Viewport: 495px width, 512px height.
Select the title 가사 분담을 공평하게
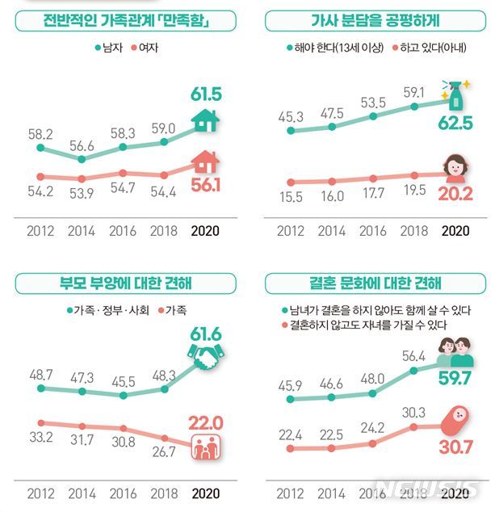(x=371, y=20)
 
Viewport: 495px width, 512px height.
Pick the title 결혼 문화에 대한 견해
(x=371, y=283)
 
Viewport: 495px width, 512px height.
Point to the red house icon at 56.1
(x=205, y=162)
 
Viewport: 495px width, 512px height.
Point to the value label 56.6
(x=82, y=145)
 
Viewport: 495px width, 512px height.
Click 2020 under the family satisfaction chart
(x=205, y=231)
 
